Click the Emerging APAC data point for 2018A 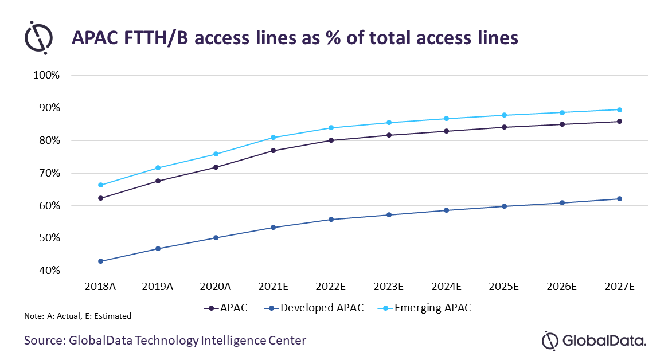pos(100,185)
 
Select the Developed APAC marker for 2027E pos(620,199)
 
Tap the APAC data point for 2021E pos(274,151)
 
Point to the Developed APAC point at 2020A pos(216,237)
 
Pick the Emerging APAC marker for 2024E pos(447,119)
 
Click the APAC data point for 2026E pos(562,124)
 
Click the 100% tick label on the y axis pos(48,75)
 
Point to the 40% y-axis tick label pos(50,271)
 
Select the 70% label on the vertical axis pos(50,173)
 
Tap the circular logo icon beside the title pos(38,37)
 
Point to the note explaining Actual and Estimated pos(78,316)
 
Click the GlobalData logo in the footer pos(594,341)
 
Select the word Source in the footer pos(43,341)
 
